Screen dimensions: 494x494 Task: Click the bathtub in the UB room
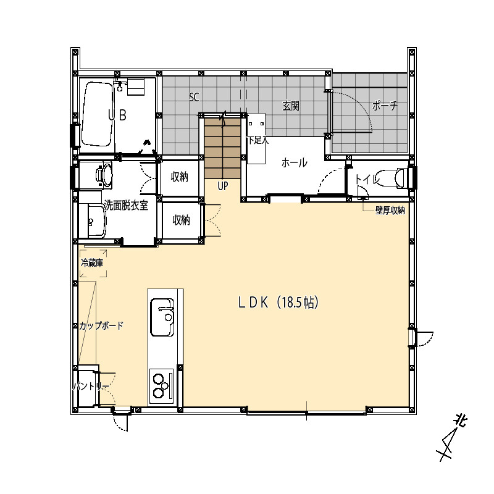tap(97, 114)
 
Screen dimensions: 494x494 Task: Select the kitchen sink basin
tap(162, 317)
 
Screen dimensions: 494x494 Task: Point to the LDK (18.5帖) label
tap(278, 303)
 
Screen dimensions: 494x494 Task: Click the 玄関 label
tap(290, 106)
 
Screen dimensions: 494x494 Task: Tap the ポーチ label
tap(385, 105)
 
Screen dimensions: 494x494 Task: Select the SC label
tap(194, 97)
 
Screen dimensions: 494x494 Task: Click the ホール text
tap(294, 163)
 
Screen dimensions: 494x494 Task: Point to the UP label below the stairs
tap(223, 186)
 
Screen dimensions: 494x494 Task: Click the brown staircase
tap(223, 148)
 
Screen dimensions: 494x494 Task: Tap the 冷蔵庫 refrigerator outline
tap(93, 264)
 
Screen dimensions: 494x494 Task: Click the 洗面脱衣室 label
tap(126, 206)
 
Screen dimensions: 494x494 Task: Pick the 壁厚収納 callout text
tap(390, 210)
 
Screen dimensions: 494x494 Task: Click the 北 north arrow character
tap(459, 421)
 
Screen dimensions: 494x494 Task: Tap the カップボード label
tap(101, 325)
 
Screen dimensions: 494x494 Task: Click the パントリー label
tap(91, 387)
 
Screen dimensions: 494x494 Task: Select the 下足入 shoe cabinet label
tap(257, 140)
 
